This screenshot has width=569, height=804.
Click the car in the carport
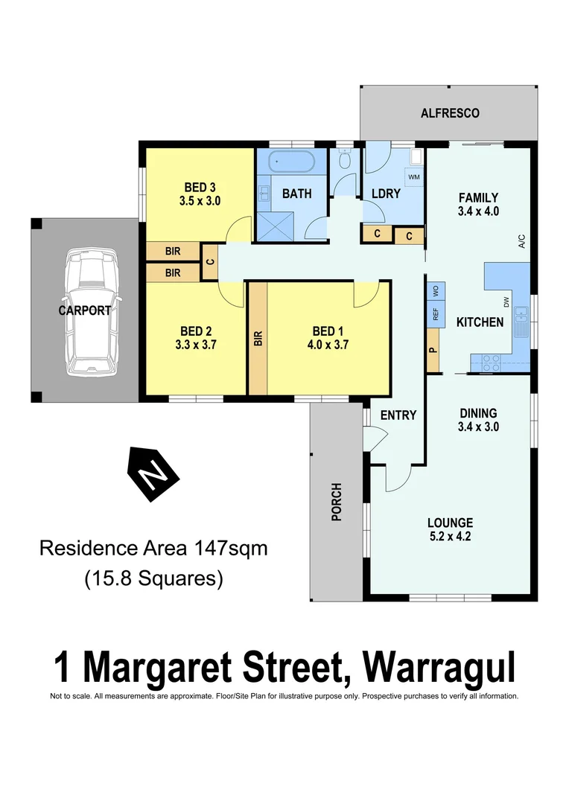point(90,310)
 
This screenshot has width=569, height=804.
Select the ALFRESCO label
point(450,114)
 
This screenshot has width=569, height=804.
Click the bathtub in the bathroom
point(291,161)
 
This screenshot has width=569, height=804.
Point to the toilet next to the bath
point(344,159)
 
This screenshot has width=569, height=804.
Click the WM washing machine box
point(414,177)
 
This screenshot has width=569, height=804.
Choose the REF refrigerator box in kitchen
point(435,314)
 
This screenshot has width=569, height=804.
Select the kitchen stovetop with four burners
point(492,363)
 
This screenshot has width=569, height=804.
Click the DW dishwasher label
point(506,302)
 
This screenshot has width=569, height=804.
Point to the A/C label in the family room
point(521,241)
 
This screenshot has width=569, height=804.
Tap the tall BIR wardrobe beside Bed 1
point(258,338)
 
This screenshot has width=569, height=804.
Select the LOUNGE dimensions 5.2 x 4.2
point(450,536)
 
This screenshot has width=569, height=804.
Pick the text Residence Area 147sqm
point(153,549)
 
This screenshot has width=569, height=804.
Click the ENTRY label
point(398,415)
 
